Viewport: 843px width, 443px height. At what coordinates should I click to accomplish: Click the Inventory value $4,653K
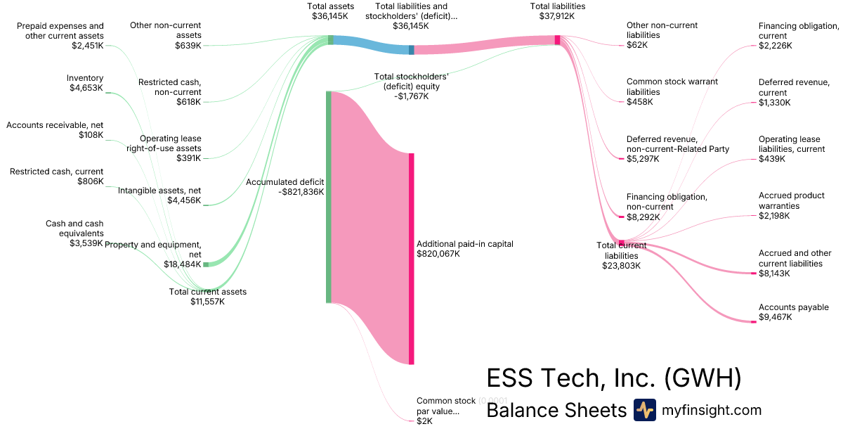86,88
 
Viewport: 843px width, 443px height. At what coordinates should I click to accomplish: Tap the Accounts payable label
793,307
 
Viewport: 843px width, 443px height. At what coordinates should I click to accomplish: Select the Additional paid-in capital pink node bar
411,258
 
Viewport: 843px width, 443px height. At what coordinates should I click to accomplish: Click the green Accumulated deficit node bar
328,197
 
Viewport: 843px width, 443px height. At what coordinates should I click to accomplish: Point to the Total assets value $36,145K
329,15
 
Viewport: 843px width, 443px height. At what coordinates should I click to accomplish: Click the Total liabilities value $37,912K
557,15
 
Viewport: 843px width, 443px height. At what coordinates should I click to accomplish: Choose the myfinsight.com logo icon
644,410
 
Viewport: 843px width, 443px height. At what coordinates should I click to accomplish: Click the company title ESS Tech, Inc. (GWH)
613,378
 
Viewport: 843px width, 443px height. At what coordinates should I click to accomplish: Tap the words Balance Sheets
556,410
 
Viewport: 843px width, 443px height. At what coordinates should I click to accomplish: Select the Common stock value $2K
424,421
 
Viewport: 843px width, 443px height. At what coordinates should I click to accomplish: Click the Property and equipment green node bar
206,264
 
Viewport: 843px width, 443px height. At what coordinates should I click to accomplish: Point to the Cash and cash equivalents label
74,229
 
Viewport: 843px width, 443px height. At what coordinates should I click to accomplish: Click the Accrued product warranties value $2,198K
774,215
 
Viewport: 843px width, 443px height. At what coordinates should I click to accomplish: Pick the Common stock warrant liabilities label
672,86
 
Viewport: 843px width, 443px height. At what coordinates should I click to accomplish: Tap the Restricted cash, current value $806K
90,181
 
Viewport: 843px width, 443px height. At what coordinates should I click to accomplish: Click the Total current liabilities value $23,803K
621,266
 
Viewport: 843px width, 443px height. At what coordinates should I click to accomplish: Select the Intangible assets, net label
159,191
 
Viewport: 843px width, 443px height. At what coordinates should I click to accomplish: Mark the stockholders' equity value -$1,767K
411,96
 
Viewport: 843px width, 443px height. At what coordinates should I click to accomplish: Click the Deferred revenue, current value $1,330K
774,103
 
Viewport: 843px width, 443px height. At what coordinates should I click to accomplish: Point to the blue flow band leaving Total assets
371,44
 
